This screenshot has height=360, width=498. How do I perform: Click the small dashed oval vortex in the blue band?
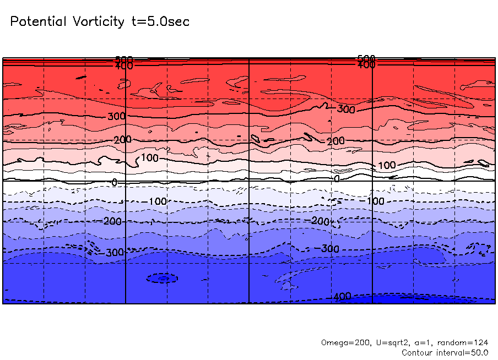point(163,279)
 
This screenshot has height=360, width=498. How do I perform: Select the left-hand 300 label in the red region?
point(116,116)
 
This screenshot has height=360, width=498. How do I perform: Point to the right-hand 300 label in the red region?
point(346,110)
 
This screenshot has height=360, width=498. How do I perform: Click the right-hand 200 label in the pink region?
point(335,141)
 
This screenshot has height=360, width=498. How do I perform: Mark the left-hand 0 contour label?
point(114,182)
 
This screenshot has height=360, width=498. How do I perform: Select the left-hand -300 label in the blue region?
point(115,253)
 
